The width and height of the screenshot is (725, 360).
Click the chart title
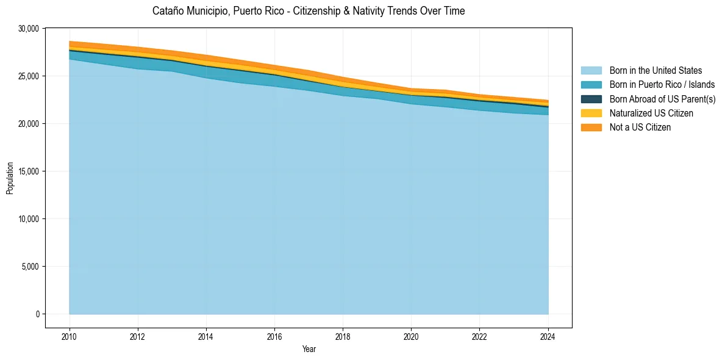point(309,11)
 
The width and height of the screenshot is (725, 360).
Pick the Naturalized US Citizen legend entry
point(651,113)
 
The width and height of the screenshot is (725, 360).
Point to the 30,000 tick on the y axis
point(29,29)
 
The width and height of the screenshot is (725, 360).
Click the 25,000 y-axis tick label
point(29,76)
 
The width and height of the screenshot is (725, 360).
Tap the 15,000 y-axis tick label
point(29,171)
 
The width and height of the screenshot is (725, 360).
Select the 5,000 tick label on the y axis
point(30,267)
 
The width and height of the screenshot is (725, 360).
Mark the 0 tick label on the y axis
point(37,314)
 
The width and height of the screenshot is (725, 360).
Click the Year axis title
point(309,349)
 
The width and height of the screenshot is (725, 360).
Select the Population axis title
point(10,178)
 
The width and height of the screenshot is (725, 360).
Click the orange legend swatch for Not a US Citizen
point(591,127)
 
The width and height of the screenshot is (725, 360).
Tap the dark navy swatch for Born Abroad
point(591,99)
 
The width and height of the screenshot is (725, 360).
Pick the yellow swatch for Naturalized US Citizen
point(591,113)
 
